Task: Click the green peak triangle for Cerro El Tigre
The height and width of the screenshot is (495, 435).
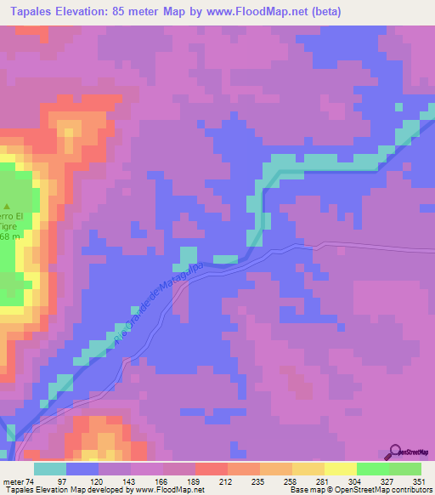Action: pos(8,207)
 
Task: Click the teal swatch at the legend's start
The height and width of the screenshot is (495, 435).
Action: pos(50,469)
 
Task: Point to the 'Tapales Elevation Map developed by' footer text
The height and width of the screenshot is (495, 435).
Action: pos(64,490)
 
